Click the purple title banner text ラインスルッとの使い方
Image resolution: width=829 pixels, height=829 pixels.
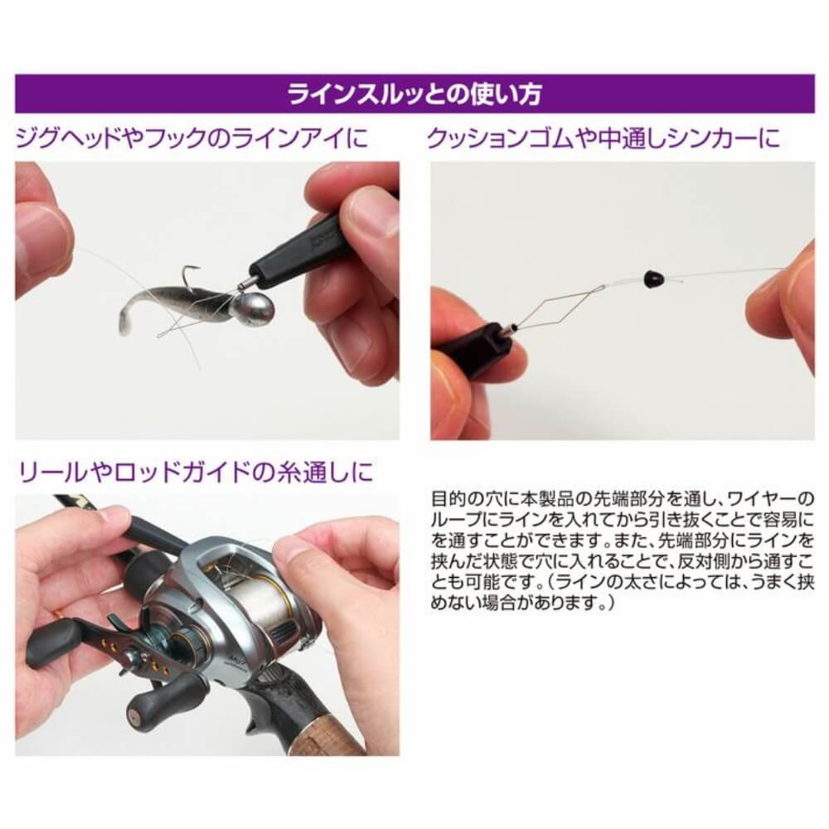point(414,95)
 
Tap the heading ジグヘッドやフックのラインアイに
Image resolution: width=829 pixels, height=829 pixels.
point(192,138)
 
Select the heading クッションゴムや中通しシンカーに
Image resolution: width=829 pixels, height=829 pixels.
point(604,138)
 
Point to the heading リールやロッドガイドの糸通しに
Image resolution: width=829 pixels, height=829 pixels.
point(196,472)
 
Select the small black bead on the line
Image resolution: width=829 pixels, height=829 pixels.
point(651,277)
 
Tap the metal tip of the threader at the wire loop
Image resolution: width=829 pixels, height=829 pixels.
point(509,331)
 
